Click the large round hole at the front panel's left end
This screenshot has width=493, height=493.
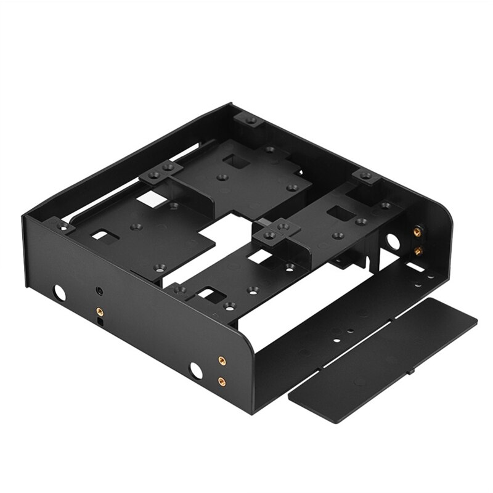coord(60,292)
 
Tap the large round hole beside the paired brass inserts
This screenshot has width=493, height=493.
coord(196,370)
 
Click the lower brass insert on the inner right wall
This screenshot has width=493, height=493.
coord(419,251)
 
